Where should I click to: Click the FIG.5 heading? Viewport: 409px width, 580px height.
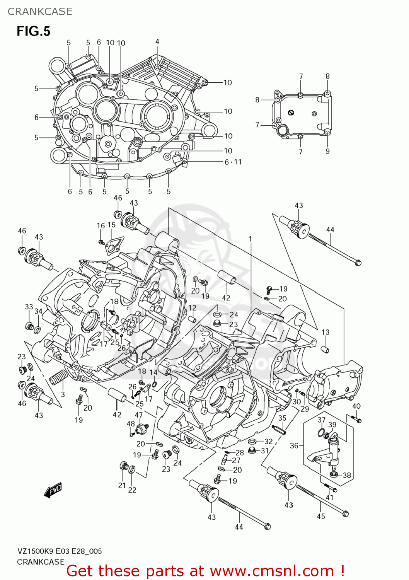[33, 31]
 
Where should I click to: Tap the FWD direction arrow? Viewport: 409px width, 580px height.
[53, 491]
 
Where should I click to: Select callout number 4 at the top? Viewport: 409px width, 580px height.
[157, 41]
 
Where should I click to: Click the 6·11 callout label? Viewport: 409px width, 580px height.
[233, 162]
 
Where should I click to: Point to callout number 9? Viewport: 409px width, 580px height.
[327, 151]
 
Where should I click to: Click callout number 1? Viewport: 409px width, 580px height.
[251, 239]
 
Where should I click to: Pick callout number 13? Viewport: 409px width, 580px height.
[325, 332]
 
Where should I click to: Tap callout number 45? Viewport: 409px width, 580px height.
[321, 516]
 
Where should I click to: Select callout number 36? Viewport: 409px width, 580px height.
[294, 446]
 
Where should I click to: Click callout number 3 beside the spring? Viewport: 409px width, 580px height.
[63, 394]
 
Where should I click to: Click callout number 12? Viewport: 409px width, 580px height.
[192, 308]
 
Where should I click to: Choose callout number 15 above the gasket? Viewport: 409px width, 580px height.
[111, 225]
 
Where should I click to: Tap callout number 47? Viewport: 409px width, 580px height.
[139, 415]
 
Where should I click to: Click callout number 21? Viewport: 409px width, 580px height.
[122, 485]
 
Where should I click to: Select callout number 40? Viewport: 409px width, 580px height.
[356, 406]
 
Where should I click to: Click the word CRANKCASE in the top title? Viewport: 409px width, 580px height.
[40, 12]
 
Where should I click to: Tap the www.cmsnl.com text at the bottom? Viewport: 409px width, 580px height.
[272, 571]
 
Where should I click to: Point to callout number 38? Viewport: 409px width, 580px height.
[347, 475]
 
